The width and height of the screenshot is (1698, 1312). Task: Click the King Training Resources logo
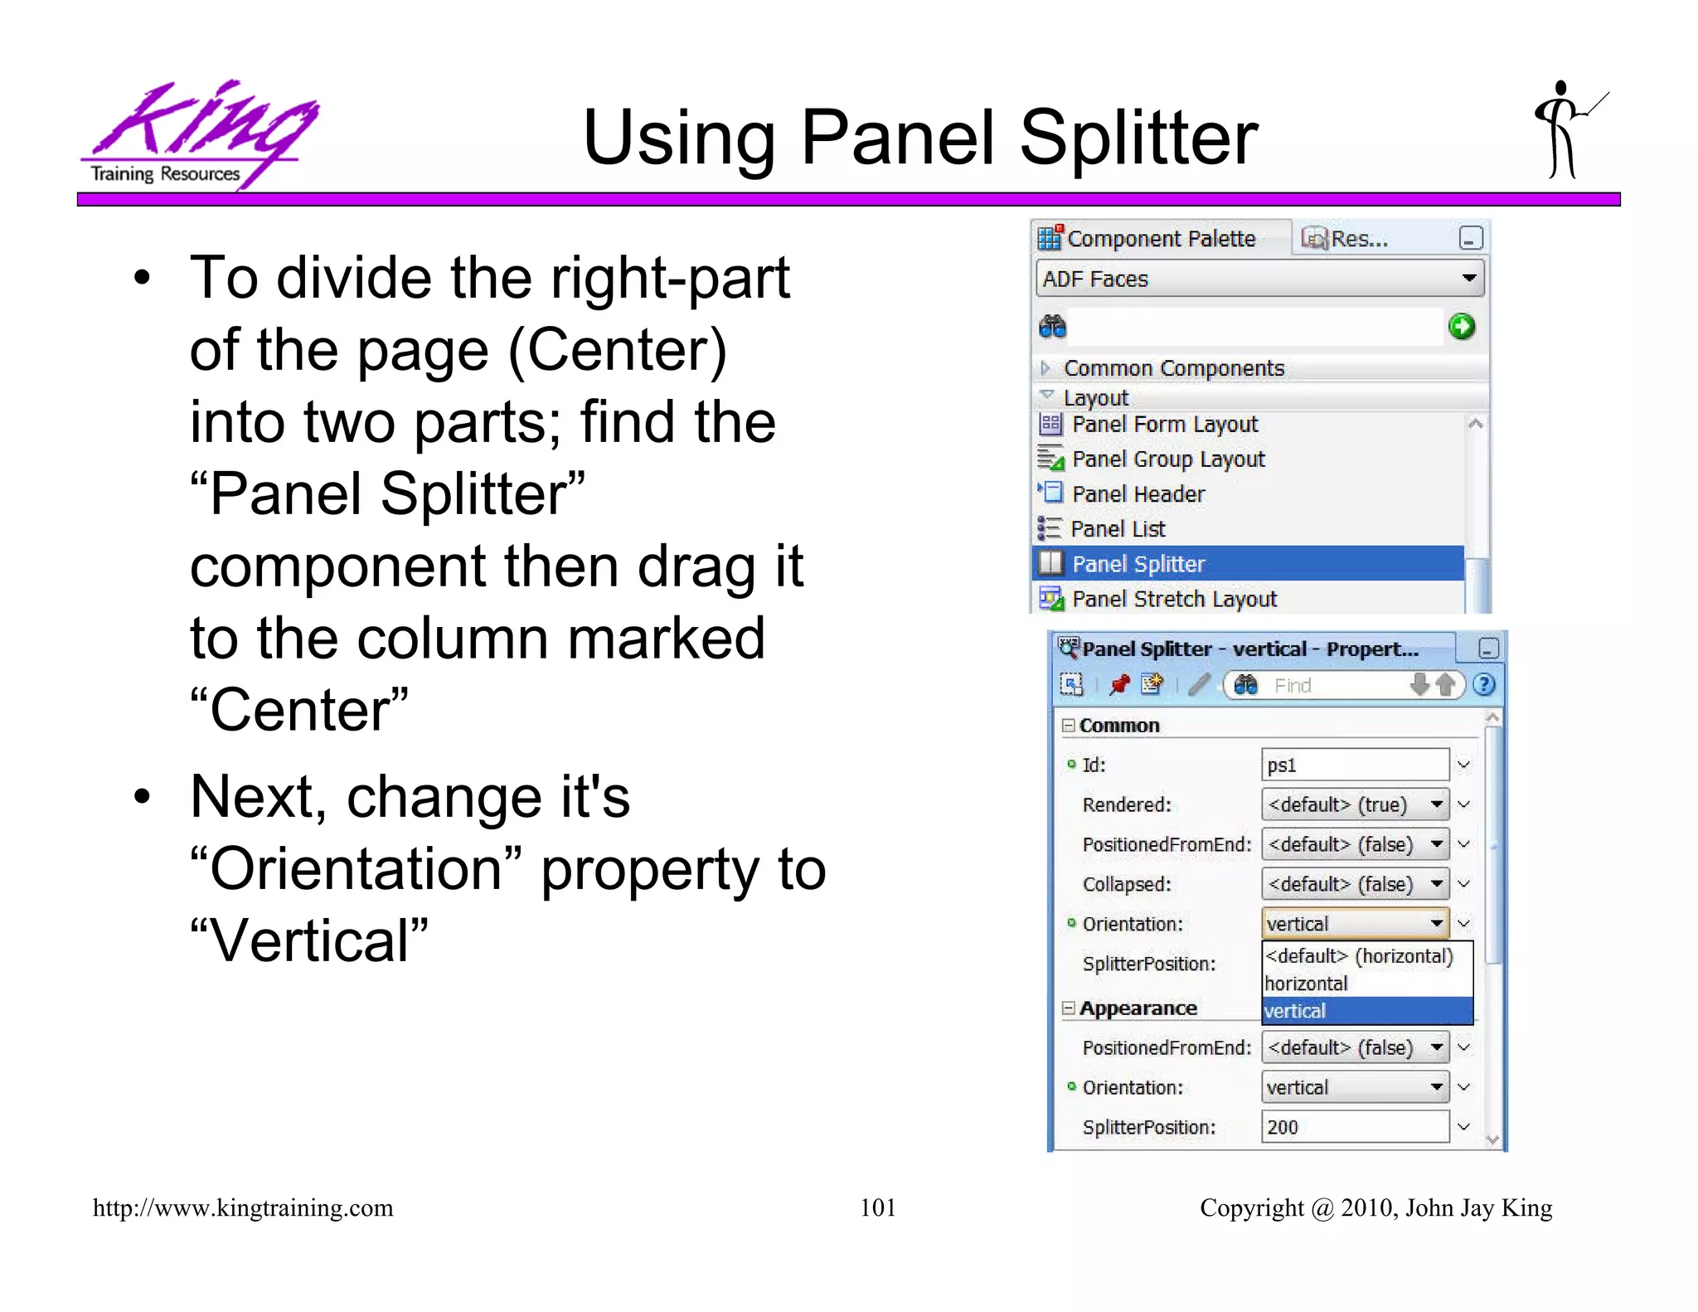(199, 133)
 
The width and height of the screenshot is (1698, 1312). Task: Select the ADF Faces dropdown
(1259, 279)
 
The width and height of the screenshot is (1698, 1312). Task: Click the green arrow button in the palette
(1461, 327)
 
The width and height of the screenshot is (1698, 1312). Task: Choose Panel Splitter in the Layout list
(1138, 564)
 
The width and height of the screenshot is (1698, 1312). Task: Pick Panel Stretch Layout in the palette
(1174, 599)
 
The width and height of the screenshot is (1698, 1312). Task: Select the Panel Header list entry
(1138, 494)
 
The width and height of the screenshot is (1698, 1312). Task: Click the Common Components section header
(1173, 368)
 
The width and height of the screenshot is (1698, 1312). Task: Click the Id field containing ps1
(1354, 765)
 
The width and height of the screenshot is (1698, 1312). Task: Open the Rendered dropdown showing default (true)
(1355, 804)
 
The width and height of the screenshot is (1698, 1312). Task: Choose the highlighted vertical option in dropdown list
(1366, 1011)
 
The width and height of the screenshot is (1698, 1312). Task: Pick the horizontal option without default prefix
(1307, 984)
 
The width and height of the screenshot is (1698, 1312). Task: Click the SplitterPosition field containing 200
(1354, 1127)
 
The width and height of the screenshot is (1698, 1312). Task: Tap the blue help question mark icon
(1484, 685)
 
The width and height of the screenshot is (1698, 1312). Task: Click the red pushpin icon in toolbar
(1119, 685)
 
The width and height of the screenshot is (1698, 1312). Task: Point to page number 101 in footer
(877, 1208)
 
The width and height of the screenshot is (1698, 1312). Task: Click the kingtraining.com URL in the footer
(243, 1208)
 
